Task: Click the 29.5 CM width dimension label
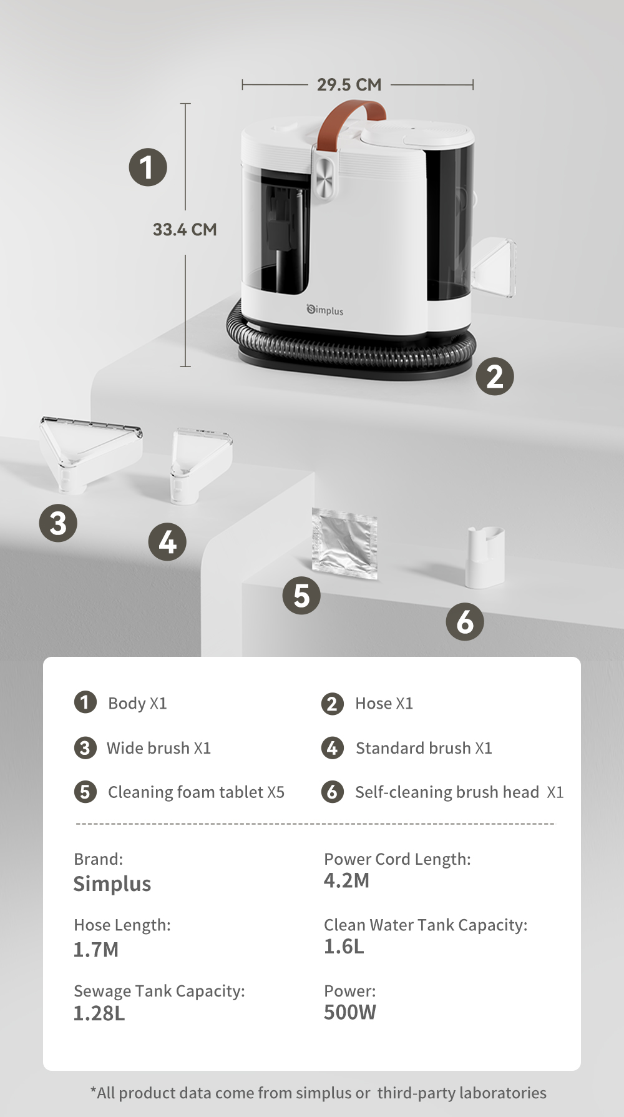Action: [349, 84]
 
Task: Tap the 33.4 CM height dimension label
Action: [185, 230]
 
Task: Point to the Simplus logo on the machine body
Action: [325, 310]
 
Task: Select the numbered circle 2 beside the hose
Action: [495, 376]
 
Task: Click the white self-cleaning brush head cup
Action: [485, 556]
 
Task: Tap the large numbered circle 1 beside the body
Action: [148, 167]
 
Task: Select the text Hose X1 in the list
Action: [384, 704]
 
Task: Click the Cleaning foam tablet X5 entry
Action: [196, 792]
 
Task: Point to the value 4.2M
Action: [346, 880]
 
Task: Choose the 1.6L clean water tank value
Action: [344, 947]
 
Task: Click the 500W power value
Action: [349, 1012]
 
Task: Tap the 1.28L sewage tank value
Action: [99, 1013]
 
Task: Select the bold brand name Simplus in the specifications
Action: [112, 884]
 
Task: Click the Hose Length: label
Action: [122, 925]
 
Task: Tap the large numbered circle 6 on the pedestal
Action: [465, 622]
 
